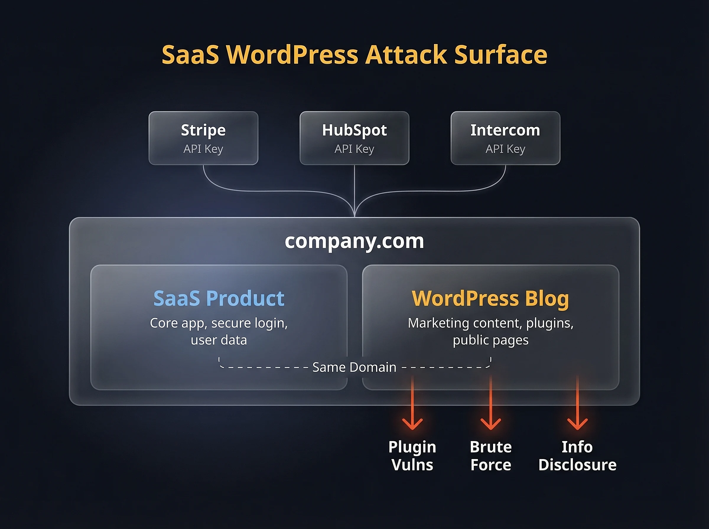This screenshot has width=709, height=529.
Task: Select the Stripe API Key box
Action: click(204, 138)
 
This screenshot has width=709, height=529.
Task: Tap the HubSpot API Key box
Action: click(354, 138)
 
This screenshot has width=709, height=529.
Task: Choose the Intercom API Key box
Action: click(505, 138)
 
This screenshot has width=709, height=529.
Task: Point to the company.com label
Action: click(354, 241)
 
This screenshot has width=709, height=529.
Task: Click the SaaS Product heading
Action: click(219, 298)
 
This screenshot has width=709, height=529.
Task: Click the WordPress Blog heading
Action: click(490, 298)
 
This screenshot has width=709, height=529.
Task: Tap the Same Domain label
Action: click(354, 367)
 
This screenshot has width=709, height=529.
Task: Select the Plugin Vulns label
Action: click(412, 456)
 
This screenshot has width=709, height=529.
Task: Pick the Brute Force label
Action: click(490, 456)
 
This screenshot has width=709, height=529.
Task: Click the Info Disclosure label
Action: click(577, 456)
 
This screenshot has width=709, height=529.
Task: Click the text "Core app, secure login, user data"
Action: click(219, 332)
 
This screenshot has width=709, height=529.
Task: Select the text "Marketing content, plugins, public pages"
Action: click(490, 332)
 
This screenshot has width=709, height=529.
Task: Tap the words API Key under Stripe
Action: click(204, 149)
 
